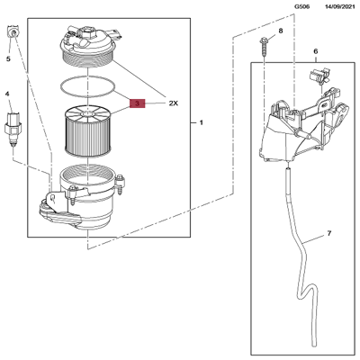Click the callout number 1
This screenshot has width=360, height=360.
[202, 121]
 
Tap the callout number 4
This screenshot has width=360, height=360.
[8, 94]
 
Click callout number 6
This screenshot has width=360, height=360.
[315, 53]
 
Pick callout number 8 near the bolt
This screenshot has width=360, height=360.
[280, 31]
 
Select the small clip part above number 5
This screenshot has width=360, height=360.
[12, 33]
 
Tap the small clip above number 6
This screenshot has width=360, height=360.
[320, 76]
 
